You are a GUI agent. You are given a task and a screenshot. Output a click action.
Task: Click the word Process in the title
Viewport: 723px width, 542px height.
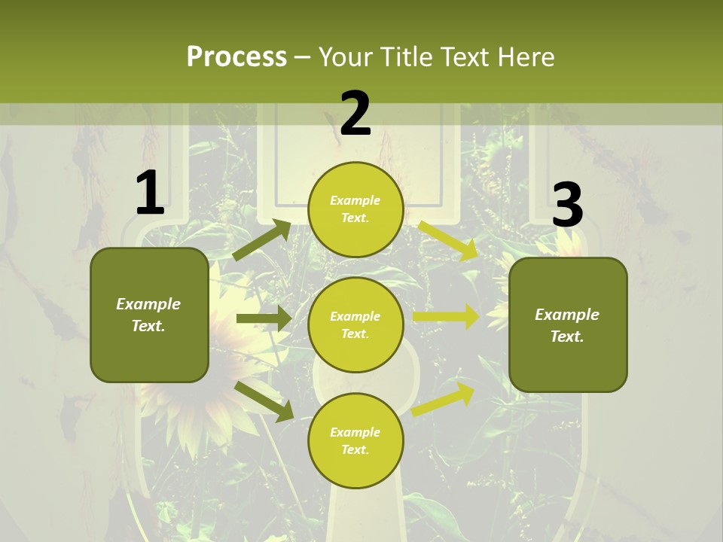pyautogui.click(x=236, y=57)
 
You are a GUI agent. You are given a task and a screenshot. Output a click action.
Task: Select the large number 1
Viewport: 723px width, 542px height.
pyautogui.click(x=150, y=193)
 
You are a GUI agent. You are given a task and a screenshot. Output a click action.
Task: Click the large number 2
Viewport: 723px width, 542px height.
pyautogui.click(x=355, y=114)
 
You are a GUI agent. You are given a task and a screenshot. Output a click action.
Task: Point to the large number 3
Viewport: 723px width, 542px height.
pyautogui.click(x=567, y=205)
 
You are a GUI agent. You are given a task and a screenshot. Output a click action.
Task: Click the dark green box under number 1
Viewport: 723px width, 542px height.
pyautogui.click(x=149, y=315)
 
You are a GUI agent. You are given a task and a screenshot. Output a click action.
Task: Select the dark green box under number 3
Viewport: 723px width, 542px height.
pyautogui.click(x=568, y=324)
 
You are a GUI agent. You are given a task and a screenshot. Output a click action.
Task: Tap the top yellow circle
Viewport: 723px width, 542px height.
pyautogui.click(x=355, y=209)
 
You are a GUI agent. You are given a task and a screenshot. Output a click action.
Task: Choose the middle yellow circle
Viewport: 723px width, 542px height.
pyautogui.click(x=355, y=324)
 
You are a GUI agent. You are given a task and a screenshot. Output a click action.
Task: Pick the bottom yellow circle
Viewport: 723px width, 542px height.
pyautogui.click(x=355, y=440)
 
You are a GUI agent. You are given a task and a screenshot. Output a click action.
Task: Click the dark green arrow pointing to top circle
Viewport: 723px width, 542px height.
pyautogui.click(x=261, y=239)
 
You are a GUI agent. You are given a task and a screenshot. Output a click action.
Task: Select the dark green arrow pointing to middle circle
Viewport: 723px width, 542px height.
pyautogui.click(x=263, y=318)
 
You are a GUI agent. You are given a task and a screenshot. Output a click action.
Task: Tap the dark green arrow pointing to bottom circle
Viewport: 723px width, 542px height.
pyautogui.click(x=264, y=400)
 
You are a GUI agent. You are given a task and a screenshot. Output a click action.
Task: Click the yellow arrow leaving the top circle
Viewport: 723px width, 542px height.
pyautogui.click(x=449, y=239)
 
